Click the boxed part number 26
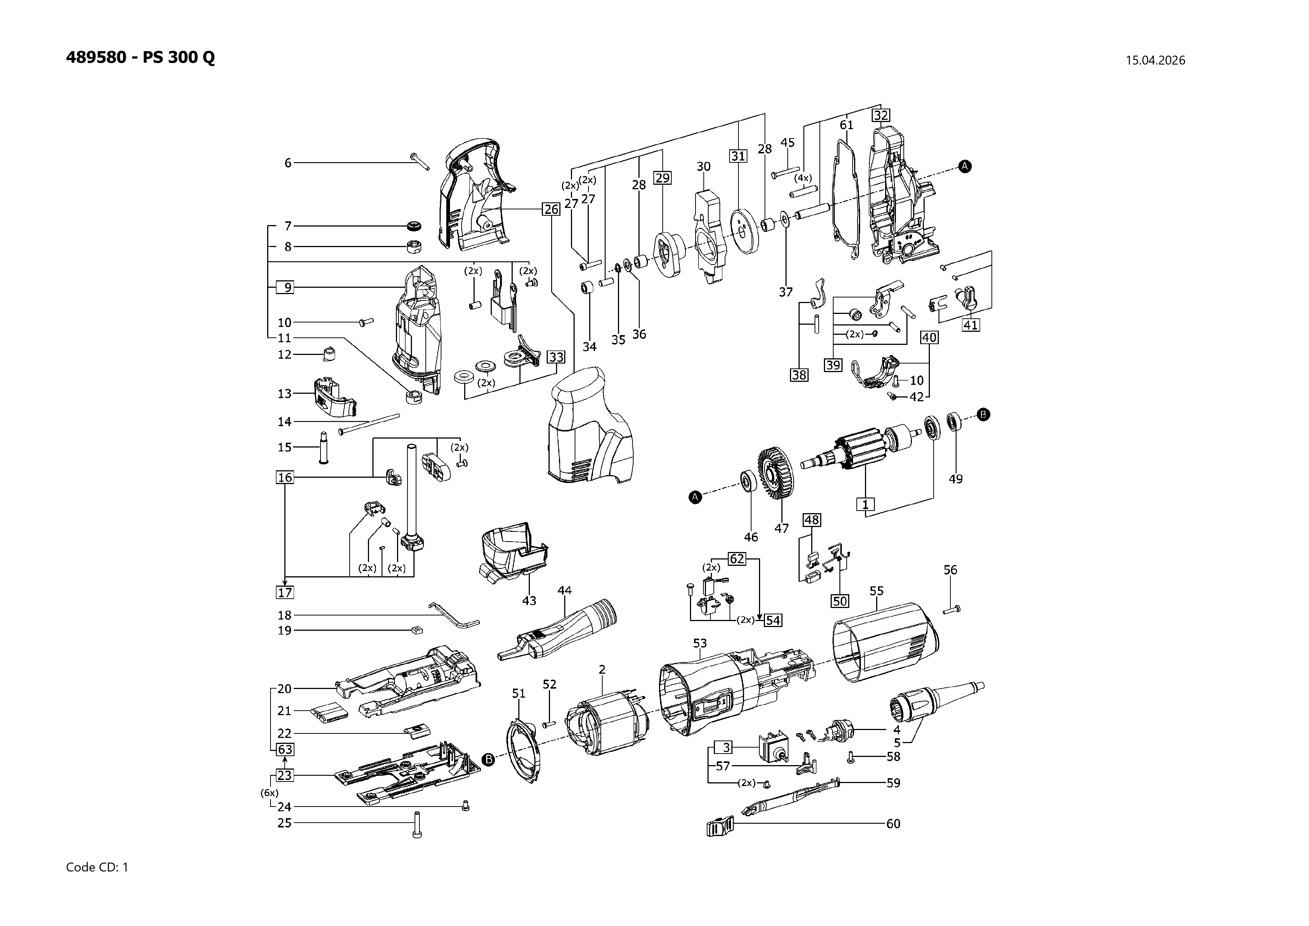(x=551, y=209)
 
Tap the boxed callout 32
(x=881, y=115)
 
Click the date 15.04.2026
(x=1155, y=60)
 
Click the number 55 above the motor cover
(x=876, y=591)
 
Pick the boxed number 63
(x=285, y=750)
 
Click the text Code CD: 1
(x=97, y=867)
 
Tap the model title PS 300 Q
(x=178, y=57)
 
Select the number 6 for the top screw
(x=288, y=163)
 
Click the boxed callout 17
(x=285, y=592)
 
